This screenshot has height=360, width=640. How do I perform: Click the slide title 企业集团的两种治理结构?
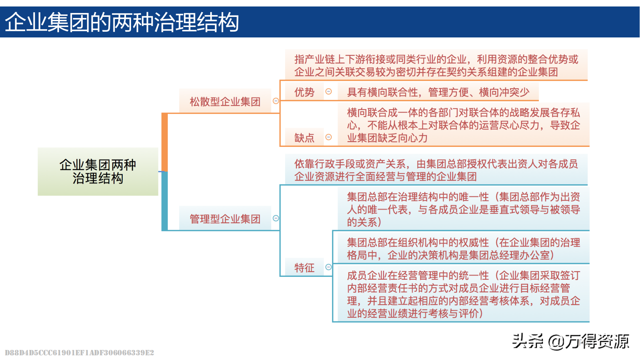(122, 22)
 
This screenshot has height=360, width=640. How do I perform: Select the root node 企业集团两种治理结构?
(98, 172)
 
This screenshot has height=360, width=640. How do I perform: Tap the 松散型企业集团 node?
(225, 102)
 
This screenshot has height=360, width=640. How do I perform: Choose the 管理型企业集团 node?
(225, 219)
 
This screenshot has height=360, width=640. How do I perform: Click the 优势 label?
(304, 92)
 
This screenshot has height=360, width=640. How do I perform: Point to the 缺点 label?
(304, 138)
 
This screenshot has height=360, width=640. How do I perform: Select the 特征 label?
(304, 267)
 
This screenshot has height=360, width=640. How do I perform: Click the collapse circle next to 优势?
(328, 91)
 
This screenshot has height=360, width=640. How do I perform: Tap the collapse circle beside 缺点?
(328, 137)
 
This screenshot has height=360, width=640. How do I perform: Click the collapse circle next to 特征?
(328, 267)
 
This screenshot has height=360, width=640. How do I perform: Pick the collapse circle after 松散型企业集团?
(276, 101)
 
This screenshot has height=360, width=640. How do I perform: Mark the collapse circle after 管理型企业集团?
(276, 218)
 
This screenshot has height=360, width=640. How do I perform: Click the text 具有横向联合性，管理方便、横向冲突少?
(438, 92)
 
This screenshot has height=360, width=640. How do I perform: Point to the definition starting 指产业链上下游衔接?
(436, 66)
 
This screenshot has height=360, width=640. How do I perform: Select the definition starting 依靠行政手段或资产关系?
(436, 170)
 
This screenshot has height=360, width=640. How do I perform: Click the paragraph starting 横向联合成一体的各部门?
(463, 125)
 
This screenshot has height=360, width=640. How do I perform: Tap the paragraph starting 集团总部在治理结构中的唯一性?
(463, 209)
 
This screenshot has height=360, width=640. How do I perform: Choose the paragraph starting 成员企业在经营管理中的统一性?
(463, 294)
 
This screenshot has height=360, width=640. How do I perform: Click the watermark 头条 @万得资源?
(571, 341)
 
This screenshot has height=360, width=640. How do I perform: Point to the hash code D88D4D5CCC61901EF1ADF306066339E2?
(80, 352)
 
